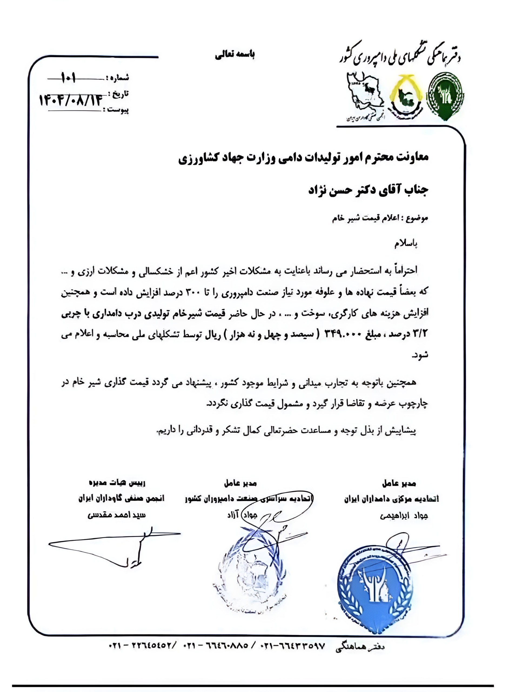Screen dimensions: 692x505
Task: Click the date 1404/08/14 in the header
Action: pyautogui.click(x=70, y=100)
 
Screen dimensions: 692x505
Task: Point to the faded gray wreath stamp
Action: pyautogui.click(x=249, y=578)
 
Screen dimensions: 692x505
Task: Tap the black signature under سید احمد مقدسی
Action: pyautogui.click(x=122, y=547)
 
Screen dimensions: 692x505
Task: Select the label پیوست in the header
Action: pyautogui.click(x=118, y=110)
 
